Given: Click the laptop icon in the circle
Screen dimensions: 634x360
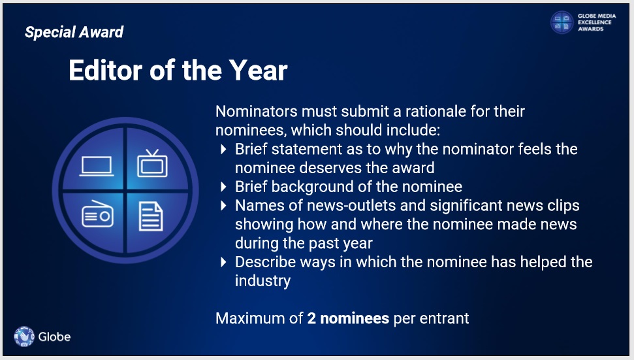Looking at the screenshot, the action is click(96, 166).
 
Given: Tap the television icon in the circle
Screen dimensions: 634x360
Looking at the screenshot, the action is click(152, 163).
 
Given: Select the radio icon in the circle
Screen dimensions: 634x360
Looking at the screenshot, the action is click(97, 214).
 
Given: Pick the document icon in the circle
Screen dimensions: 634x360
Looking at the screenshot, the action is click(151, 216).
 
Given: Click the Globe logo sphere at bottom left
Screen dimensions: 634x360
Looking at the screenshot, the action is click(24, 336).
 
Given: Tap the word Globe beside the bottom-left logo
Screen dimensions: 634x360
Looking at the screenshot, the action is click(55, 336).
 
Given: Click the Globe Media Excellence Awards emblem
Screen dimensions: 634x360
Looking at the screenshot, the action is click(562, 22).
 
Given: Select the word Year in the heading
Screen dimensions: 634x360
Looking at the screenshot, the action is click(259, 71).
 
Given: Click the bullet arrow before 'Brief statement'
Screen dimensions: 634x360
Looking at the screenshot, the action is click(223, 149).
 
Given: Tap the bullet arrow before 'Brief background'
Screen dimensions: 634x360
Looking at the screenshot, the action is click(223, 187).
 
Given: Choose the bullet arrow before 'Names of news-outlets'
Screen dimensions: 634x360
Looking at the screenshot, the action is click(223, 206).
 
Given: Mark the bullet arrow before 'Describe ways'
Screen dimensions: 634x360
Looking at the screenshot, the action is click(223, 262).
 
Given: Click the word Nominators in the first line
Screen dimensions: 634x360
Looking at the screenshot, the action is click(257, 111).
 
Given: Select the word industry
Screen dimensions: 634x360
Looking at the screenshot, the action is click(263, 281).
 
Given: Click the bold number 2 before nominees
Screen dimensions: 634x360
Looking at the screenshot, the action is click(311, 318).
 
